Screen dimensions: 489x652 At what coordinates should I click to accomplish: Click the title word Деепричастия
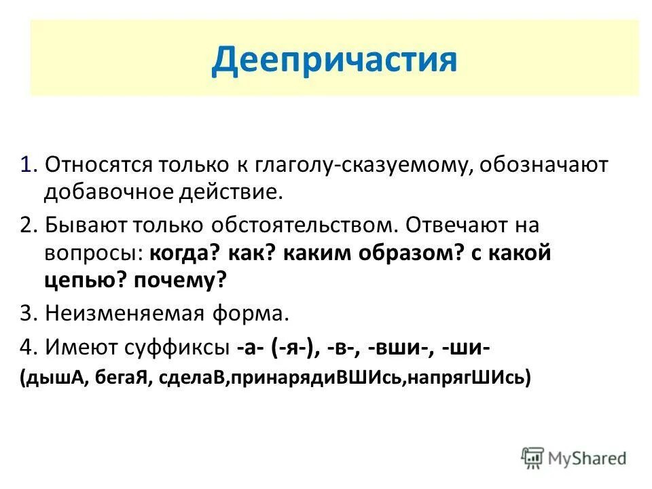pos(334,59)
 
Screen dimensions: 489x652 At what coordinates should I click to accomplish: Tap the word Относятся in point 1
pos(98,165)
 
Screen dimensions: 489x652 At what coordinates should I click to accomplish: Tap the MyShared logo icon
pos(533,456)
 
